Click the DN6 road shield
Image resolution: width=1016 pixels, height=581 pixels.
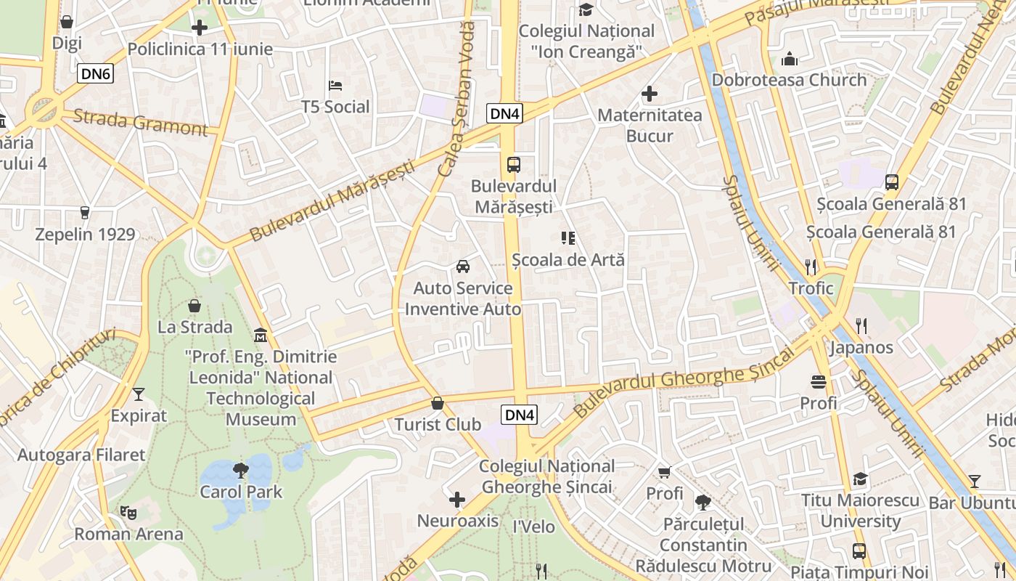click(x=96, y=73)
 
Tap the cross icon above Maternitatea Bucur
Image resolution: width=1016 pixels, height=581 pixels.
click(x=650, y=94)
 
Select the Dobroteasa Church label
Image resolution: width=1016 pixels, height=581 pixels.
click(x=789, y=80)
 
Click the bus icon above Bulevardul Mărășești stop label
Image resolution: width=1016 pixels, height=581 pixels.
click(x=514, y=165)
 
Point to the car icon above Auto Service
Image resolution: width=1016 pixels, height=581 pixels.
click(x=463, y=267)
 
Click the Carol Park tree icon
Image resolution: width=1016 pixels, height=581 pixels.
click(x=241, y=471)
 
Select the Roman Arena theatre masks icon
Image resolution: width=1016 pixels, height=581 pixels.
click(x=128, y=512)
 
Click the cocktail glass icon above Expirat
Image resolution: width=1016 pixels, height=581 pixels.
click(x=139, y=394)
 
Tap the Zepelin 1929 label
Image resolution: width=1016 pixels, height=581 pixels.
click(x=86, y=235)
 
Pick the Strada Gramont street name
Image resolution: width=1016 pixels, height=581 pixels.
click(x=140, y=122)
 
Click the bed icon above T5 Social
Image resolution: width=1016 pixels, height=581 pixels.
click(x=335, y=86)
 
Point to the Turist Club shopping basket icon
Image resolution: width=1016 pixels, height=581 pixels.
click(x=438, y=403)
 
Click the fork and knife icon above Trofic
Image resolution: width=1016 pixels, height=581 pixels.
click(x=811, y=267)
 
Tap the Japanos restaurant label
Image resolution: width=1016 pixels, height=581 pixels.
click(x=861, y=347)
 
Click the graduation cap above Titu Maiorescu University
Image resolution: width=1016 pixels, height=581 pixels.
click(x=860, y=479)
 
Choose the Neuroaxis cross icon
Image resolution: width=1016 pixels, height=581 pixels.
click(x=457, y=500)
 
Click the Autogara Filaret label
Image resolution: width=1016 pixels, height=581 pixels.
click(x=81, y=455)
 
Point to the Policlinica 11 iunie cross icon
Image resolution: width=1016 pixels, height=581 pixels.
click(x=200, y=28)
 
